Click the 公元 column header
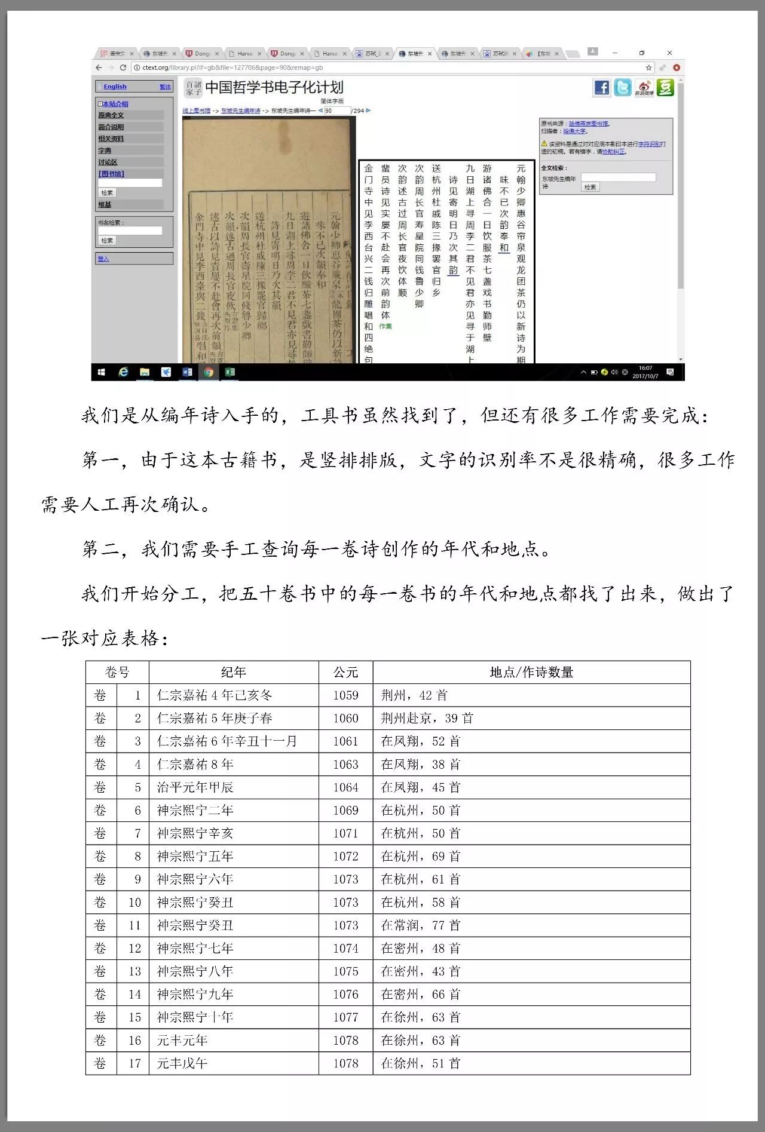[345, 672]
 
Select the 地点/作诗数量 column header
[531, 672]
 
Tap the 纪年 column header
[233, 672]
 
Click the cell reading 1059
[345, 695]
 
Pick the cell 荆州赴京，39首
[427, 718]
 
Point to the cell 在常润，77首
[421, 925]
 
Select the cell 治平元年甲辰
[195, 787]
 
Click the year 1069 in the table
[345, 810]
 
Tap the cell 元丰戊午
[182, 1063]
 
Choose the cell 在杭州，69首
[421, 856]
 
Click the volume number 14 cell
[134, 994]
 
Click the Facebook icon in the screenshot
[602, 88]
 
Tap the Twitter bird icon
[623, 88]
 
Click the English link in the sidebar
[115, 87]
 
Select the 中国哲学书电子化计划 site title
[274, 88]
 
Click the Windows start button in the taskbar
[102, 372]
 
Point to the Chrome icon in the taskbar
[209, 372]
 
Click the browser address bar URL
[232, 68]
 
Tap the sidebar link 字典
[105, 151]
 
